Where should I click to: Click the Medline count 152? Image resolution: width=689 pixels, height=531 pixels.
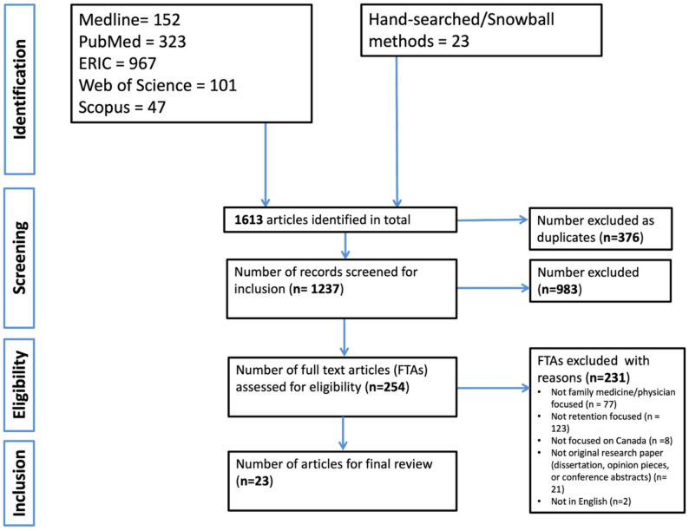pyautogui.click(x=167, y=19)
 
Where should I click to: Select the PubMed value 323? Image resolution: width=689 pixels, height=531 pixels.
pyautogui.click(x=172, y=42)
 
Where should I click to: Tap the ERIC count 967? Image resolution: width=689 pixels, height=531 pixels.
pyautogui.click(x=142, y=63)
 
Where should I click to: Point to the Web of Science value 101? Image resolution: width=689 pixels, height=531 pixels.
pyautogui.click(x=223, y=85)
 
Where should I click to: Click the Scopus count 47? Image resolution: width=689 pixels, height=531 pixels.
pyautogui.click(x=156, y=108)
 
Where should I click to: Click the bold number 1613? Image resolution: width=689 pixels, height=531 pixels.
pyautogui.click(x=248, y=220)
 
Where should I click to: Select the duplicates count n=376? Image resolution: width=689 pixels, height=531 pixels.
pyautogui.click(x=620, y=238)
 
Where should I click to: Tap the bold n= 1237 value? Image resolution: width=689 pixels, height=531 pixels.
pyautogui.click(x=316, y=289)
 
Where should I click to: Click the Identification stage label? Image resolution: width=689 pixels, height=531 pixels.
pyautogui.click(x=20, y=89)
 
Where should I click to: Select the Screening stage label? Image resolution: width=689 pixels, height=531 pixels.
pyautogui.click(x=20, y=258)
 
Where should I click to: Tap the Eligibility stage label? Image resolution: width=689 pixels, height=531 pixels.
pyautogui.click(x=20, y=384)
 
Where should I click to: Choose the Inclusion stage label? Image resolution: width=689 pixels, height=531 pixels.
pyautogui.click(x=20, y=483)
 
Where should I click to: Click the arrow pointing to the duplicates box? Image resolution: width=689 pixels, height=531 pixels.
pyautogui.click(x=492, y=220)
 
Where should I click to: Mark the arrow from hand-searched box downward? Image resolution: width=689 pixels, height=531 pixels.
pyautogui.click(x=397, y=131)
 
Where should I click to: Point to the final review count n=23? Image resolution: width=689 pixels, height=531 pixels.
pyautogui.click(x=254, y=481)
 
